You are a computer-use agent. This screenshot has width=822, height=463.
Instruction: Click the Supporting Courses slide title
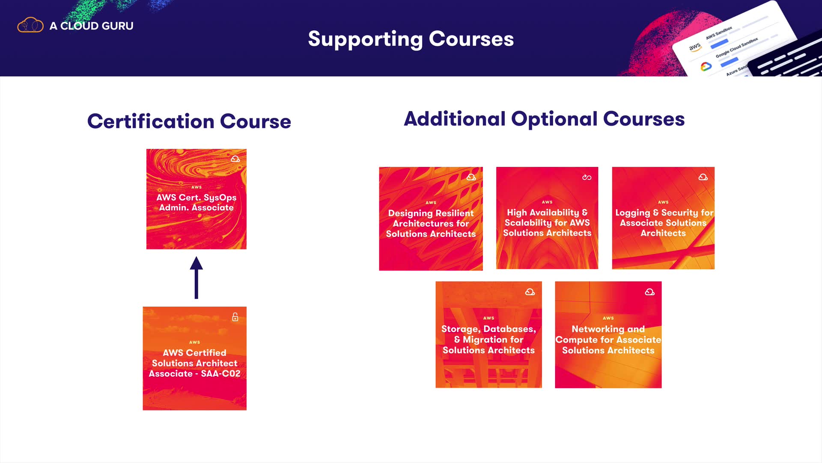point(411,39)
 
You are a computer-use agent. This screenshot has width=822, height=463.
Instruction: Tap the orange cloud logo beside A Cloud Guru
point(30,25)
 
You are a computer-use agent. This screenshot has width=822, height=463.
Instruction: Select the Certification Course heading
point(189,121)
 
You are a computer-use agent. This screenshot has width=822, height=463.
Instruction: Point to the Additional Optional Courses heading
point(544,119)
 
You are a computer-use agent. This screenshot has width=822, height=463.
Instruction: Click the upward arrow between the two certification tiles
point(196,277)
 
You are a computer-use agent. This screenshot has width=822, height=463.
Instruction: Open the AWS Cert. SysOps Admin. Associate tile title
point(197,202)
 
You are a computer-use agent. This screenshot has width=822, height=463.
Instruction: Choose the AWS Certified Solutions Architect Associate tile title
point(194,363)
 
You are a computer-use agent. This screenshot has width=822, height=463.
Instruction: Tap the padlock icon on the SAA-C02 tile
point(235,317)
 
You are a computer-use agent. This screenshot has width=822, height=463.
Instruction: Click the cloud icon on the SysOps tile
point(235,159)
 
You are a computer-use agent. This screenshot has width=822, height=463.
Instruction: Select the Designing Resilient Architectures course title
point(431,223)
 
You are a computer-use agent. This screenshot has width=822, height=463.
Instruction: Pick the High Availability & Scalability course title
point(547,222)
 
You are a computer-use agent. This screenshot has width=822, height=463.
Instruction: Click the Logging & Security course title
point(664,222)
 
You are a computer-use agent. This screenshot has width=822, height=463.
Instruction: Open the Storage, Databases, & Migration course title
point(488,340)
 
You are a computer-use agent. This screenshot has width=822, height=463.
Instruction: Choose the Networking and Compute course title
point(608,340)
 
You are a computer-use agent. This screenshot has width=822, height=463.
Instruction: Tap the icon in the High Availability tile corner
point(587,177)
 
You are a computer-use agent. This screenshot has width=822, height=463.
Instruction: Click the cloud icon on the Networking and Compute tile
point(649,292)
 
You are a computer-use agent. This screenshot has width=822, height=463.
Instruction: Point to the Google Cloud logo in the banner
point(706,66)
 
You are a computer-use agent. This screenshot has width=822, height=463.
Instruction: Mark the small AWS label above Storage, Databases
point(488,318)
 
